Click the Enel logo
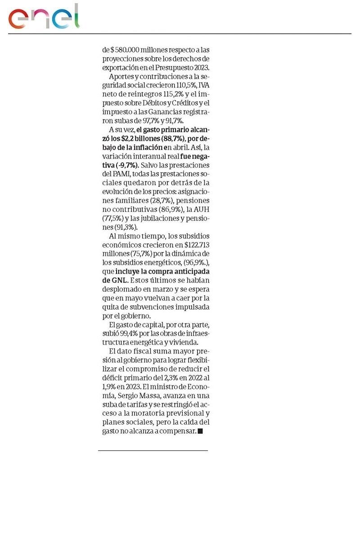pos(44,17)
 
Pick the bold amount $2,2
pos(129,139)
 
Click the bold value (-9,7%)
pos(126,165)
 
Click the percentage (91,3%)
pos(126,227)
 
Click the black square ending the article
pos(200,431)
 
